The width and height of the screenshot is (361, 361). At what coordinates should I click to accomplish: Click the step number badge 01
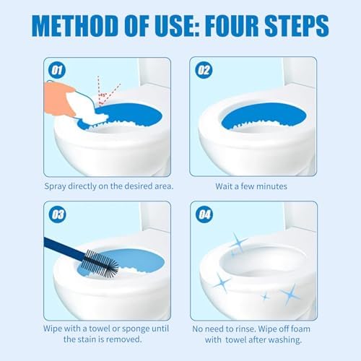[57, 70]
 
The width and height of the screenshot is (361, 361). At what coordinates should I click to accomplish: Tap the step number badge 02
[204, 70]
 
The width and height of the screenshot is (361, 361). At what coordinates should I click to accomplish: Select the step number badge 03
[58, 214]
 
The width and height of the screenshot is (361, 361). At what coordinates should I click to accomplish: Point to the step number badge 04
[204, 214]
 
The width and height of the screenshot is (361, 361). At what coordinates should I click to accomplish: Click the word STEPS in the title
[297, 26]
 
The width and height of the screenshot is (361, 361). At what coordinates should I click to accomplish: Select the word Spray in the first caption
[55, 186]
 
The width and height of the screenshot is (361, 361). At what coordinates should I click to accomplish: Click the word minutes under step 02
[271, 186]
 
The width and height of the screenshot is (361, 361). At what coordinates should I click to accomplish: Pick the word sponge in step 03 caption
[135, 329]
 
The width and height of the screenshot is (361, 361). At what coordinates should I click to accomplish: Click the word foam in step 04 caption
[300, 329]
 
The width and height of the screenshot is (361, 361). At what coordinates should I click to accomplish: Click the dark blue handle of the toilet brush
[64, 248]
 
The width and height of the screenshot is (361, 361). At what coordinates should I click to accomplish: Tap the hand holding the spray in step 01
[59, 98]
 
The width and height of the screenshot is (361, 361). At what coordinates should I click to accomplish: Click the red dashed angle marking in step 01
[105, 91]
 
